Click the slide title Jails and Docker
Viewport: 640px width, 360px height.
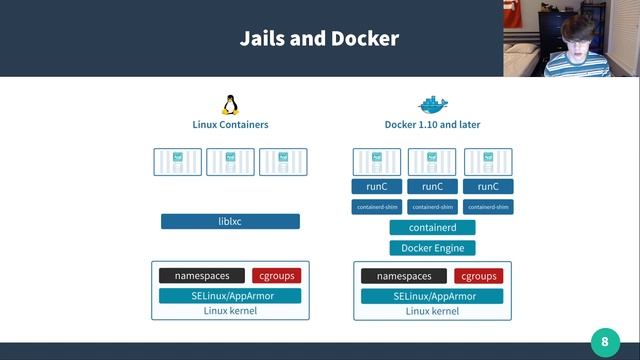(x=319, y=39)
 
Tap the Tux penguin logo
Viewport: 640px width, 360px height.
(x=230, y=104)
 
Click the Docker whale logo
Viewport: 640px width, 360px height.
(x=432, y=104)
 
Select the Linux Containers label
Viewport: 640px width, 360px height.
(x=230, y=125)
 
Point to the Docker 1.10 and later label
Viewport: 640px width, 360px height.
(x=432, y=125)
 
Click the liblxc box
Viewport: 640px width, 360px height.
(x=230, y=221)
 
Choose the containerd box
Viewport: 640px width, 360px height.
(x=432, y=227)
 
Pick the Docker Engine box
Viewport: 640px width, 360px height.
(x=432, y=247)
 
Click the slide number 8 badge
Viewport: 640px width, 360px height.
(x=604, y=342)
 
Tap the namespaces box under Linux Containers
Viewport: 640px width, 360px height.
(x=201, y=275)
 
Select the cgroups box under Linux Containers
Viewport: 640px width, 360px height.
(x=276, y=275)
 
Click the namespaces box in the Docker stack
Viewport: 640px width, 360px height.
(x=404, y=276)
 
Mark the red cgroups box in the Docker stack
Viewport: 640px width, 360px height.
(x=478, y=276)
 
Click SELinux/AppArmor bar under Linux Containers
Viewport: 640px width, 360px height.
(x=230, y=295)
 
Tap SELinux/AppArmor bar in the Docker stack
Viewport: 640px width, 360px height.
(x=432, y=296)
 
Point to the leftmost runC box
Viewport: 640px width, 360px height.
(x=376, y=186)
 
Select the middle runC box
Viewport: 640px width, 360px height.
(x=432, y=186)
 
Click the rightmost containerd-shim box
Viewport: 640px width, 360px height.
(x=488, y=207)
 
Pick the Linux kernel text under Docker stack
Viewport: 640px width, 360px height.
(x=432, y=311)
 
